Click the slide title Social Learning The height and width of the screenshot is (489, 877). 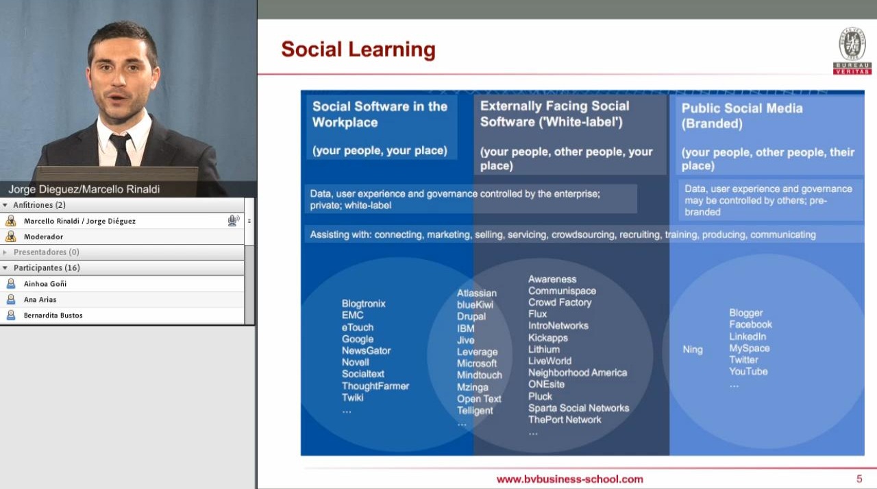point(358,50)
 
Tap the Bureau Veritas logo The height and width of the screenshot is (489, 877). point(852,51)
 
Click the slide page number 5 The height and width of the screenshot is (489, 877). point(859,479)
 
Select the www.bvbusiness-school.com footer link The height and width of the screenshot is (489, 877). point(569,479)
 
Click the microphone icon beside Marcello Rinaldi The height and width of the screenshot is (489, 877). point(234,221)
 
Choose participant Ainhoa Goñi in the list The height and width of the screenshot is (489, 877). point(45,284)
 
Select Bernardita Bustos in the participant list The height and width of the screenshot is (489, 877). point(53,315)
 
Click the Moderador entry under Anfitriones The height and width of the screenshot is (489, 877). point(43,237)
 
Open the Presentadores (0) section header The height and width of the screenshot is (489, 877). point(46,252)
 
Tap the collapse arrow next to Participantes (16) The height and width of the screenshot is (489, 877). point(5,268)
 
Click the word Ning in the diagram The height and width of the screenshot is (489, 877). point(693,350)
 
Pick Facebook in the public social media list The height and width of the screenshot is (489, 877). point(750,324)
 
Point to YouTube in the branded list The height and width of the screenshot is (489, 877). point(748,372)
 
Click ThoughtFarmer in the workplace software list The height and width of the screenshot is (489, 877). point(375,386)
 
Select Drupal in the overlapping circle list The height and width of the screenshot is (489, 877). point(471,317)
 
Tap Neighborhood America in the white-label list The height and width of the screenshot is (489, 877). point(578,372)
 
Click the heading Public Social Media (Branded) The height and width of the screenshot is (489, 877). point(742,116)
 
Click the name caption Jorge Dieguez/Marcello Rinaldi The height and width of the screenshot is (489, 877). point(84,189)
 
